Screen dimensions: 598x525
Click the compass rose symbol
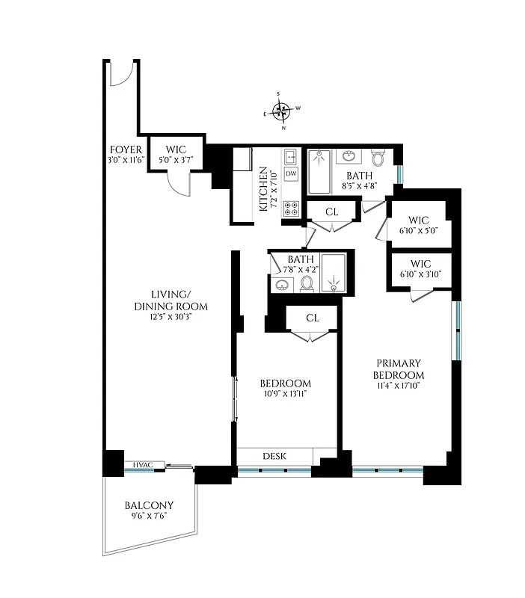click(x=281, y=111)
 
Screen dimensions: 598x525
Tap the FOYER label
click(x=126, y=149)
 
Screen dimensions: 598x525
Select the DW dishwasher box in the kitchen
click(x=292, y=173)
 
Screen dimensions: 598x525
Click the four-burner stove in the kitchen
click(x=292, y=209)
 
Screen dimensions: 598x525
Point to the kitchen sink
click(x=291, y=156)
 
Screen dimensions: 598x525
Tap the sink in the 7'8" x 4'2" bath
click(x=283, y=285)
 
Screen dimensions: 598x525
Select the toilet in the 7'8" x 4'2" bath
click(x=306, y=283)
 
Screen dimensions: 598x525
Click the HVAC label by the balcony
click(x=142, y=465)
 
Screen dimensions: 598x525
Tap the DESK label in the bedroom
click(x=274, y=456)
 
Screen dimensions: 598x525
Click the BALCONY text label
click(x=150, y=505)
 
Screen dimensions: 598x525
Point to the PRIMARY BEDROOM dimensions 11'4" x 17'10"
click(x=399, y=386)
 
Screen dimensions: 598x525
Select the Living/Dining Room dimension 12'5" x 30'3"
click(x=171, y=317)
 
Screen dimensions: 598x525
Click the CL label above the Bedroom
click(x=313, y=318)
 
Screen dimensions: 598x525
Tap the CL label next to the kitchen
click(x=332, y=212)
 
